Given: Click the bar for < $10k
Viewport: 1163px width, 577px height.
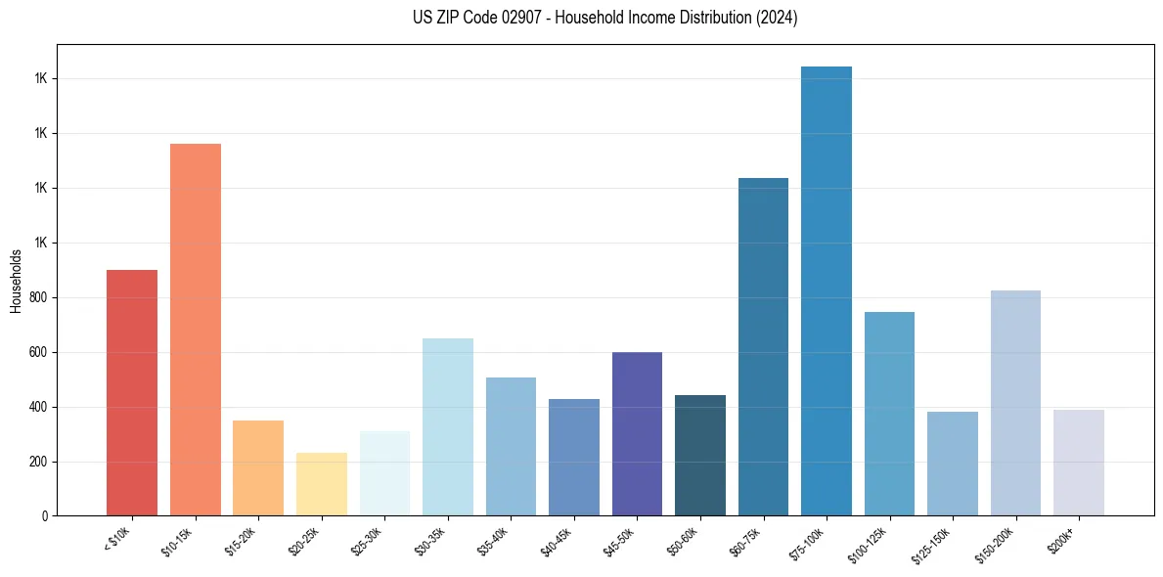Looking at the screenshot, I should pyautogui.click(x=132, y=392).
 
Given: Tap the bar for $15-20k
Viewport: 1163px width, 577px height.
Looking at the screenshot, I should pyautogui.click(x=258, y=467).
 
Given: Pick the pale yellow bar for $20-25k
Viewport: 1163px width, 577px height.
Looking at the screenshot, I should pyautogui.click(x=322, y=484).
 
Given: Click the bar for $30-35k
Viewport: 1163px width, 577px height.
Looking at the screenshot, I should pyautogui.click(x=448, y=426).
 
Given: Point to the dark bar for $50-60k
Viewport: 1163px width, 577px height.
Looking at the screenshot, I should pyautogui.click(x=700, y=455).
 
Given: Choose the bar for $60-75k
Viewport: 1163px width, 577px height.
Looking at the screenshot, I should pyautogui.click(x=763, y=346).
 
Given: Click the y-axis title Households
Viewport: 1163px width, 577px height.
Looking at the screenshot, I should pyautogui.click(x=17, y=281).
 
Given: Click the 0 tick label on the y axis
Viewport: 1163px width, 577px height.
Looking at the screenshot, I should pyautogui.click(x=45, y=516).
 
